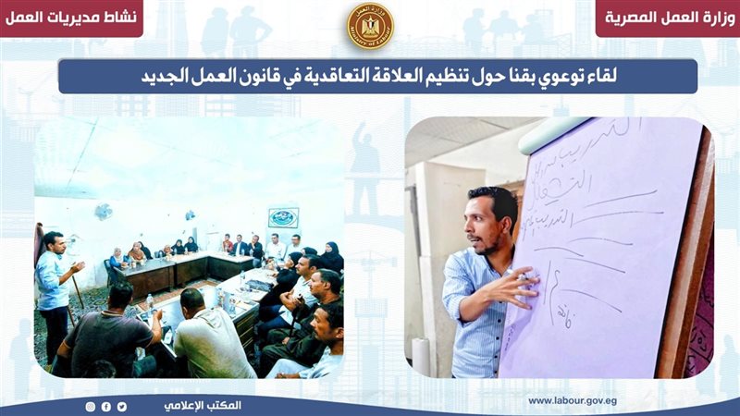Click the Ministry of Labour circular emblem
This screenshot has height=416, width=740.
[x=369, y=26]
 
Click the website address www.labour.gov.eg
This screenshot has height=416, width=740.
[x=572, y=400]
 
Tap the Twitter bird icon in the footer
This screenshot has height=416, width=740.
[x=121, y=406]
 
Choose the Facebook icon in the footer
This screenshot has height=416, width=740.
[x=105, y=406]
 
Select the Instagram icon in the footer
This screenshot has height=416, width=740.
[x=90, y=406]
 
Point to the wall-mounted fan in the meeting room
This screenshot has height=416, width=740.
[x=103, y=212]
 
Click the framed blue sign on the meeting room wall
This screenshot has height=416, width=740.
[x=283, y=217]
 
